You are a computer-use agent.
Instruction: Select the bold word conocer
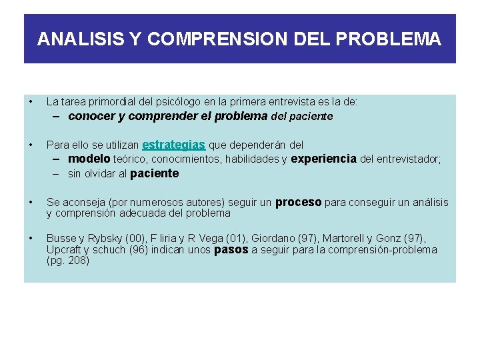92,117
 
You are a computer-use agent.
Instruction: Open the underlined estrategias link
174,144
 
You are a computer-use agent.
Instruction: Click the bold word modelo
89,159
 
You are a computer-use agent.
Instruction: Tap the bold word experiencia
323,159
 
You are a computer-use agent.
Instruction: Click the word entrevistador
406,159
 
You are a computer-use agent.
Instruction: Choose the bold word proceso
299,202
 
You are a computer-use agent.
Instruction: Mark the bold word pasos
230,250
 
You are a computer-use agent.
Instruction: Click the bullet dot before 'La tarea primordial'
31,102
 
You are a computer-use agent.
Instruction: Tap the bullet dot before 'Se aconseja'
31,202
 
